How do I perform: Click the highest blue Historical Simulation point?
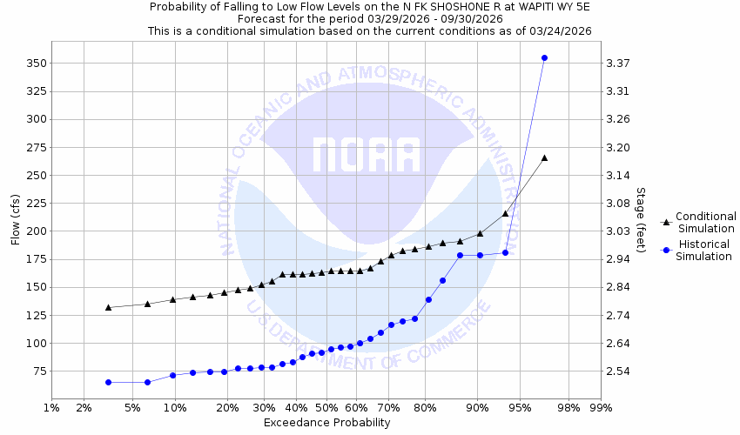(x=544, y=58)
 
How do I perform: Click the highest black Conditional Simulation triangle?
(x=544, y=157)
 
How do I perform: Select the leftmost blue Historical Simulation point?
(x=108, y=382)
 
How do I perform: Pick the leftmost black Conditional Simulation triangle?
(x=108, y=307)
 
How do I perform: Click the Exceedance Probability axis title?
(x=326, y=423)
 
